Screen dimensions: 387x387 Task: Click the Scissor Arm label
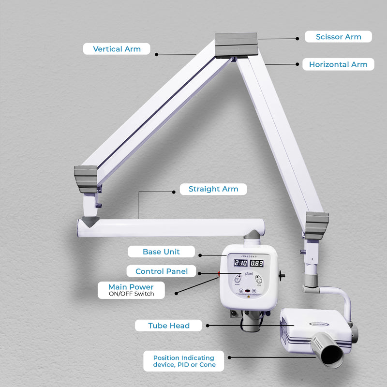click(x=338, y=37)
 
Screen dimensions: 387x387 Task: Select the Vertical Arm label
click(x=117, y=49)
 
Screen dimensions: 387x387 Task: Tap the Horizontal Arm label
click(x=338, y=64)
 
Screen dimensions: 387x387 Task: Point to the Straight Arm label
click(x=213, y=189)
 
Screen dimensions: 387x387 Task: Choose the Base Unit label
click(x=161, y=252)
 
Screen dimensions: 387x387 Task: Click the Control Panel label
click(x=162, y=271)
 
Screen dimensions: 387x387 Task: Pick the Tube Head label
click(x=169, y=326)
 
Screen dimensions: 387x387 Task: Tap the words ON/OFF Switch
click(x=132, y=294)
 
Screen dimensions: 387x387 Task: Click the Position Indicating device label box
click(x=184, y=361)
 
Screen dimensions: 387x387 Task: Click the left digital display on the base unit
click(x=240, y=263)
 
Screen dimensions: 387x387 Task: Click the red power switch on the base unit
click(x=219, y=274)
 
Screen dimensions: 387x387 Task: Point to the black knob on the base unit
click(x=282, y=276)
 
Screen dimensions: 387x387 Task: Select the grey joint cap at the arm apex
click(x=237, y=44)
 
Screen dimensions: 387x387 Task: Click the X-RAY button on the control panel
click(x=238, y=279)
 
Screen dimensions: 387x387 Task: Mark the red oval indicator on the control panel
click(x=248, y=292)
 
